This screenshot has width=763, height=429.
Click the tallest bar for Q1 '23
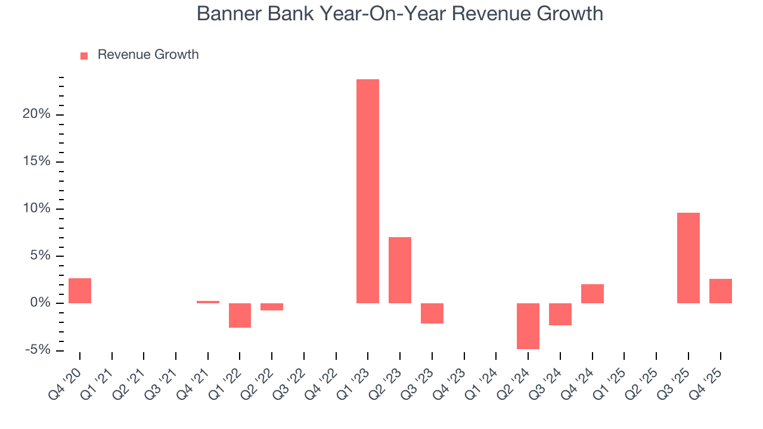point(368,191)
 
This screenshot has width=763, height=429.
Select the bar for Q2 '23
point(400,270)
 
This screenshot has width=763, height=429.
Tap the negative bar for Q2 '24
point(528,326)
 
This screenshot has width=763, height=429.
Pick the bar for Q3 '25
point(688,257)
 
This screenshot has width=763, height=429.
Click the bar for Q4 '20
point(80,291)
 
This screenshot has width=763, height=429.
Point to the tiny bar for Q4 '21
point(208,302)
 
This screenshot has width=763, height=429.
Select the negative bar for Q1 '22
point(240,315)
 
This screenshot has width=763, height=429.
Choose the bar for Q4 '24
point(593,294)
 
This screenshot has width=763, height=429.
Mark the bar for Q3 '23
point(432,313)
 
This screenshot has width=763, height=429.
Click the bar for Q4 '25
point(721,291)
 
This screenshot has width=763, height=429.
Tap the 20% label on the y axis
point(36,114)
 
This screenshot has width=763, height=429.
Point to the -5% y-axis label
point(38,350)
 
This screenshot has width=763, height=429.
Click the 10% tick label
point(36,209)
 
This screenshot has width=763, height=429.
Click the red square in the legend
point(84,55)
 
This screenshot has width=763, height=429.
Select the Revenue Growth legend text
point(148,55)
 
